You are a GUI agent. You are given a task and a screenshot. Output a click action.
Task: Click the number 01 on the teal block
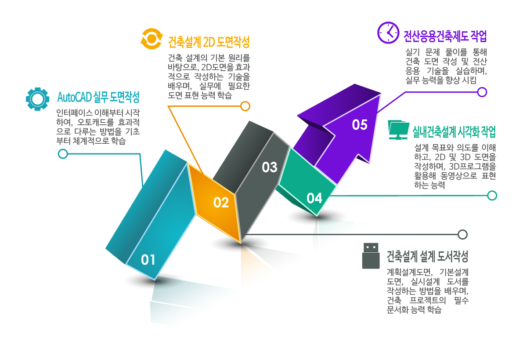(148, 260)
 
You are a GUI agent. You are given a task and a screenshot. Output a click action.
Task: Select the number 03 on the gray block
(270, 167)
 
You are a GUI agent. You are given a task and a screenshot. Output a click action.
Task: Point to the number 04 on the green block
(314, 198)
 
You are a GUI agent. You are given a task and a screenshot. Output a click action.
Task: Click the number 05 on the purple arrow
(360, 125)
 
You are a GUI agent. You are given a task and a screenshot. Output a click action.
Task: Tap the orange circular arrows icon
(152, 39)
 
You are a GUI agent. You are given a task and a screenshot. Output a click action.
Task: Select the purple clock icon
(388, 33)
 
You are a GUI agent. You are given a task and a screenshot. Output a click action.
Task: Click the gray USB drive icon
(371, 255)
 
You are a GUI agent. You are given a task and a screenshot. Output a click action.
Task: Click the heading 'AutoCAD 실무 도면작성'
(98, 97)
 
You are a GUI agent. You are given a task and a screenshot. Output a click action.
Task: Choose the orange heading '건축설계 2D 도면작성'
(209, 42)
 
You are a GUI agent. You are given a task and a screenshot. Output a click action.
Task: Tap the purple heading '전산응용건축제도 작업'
(445, 36)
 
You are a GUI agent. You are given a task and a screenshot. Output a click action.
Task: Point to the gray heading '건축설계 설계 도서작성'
(427, 255)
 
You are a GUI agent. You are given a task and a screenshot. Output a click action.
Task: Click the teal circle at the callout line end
(63, 154)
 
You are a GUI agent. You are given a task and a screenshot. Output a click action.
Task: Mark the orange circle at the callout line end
(245, 106)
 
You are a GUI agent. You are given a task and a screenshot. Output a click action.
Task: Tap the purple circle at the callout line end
(482, 92)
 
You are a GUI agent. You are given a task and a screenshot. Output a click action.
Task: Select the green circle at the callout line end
(492, 196)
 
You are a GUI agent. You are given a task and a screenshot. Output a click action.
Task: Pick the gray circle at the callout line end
(462, 234)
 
